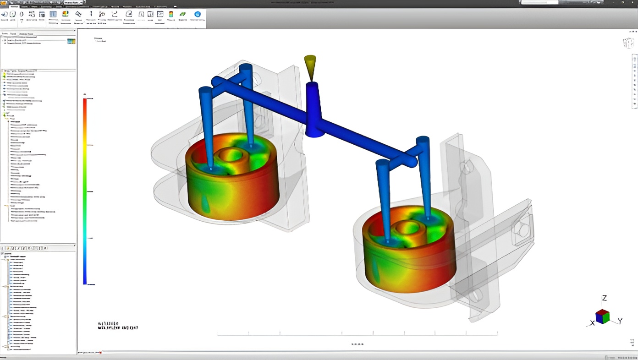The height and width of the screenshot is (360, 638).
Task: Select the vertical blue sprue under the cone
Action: point(313,110)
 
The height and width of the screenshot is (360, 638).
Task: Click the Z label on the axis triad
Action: point(605,298)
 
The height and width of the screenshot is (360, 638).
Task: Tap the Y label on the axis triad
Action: point(620,321)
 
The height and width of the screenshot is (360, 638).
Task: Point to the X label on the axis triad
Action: point(592,323)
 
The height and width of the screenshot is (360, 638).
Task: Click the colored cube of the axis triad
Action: point(602,316)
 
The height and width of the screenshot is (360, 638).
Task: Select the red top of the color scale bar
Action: point(85,103)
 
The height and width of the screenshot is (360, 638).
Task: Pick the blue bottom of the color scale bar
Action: point(85,279)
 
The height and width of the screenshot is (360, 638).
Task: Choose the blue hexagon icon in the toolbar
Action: point(198,14)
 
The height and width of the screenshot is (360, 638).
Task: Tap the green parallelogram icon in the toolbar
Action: point(183,14)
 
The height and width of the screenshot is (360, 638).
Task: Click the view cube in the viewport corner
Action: point(627,43)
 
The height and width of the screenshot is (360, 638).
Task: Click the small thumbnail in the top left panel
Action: point(71,41)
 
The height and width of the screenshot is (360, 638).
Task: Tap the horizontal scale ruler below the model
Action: point(357,335)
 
